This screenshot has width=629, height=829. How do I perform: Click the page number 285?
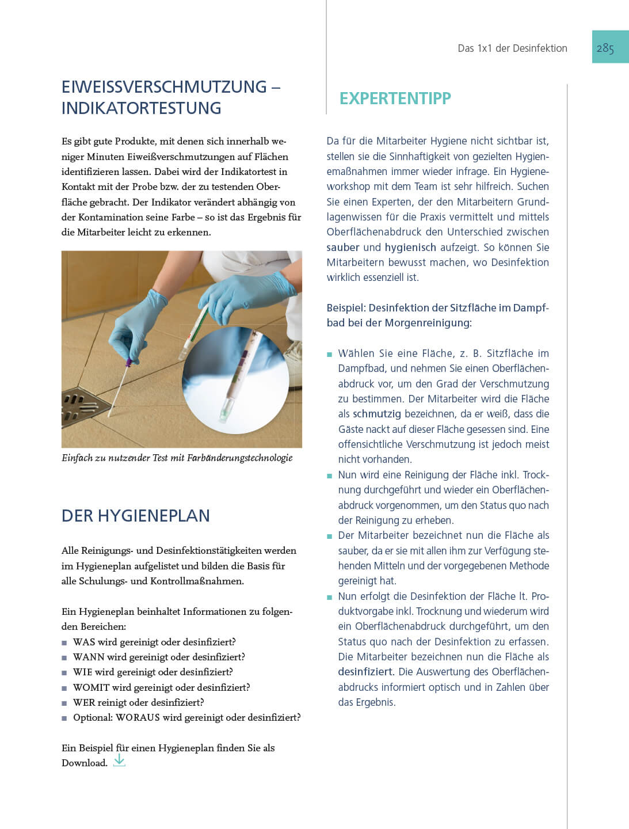click(605, 48)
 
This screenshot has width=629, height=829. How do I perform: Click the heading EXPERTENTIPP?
click(395, 98)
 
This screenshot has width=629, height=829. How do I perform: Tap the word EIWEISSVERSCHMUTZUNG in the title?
click(164, 87)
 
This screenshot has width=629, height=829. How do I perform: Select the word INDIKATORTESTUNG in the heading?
click(141, 108)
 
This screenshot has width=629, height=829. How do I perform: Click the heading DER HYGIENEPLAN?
click(135, 516)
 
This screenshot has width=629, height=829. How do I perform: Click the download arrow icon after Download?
click(119, 761)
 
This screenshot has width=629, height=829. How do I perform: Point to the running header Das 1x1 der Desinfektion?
click(512, 48)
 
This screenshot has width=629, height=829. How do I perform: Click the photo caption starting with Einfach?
click(177, 458)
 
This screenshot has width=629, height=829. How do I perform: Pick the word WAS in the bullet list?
click(84, 642)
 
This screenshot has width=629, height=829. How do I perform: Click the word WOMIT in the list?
click(91, 687)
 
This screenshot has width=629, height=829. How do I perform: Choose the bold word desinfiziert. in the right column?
click(365, 672)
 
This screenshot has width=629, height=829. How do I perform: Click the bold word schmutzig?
click(376, 414)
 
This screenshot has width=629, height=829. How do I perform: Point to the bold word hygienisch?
click(410, 248)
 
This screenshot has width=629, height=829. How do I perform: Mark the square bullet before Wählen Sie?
click(330, 355)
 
